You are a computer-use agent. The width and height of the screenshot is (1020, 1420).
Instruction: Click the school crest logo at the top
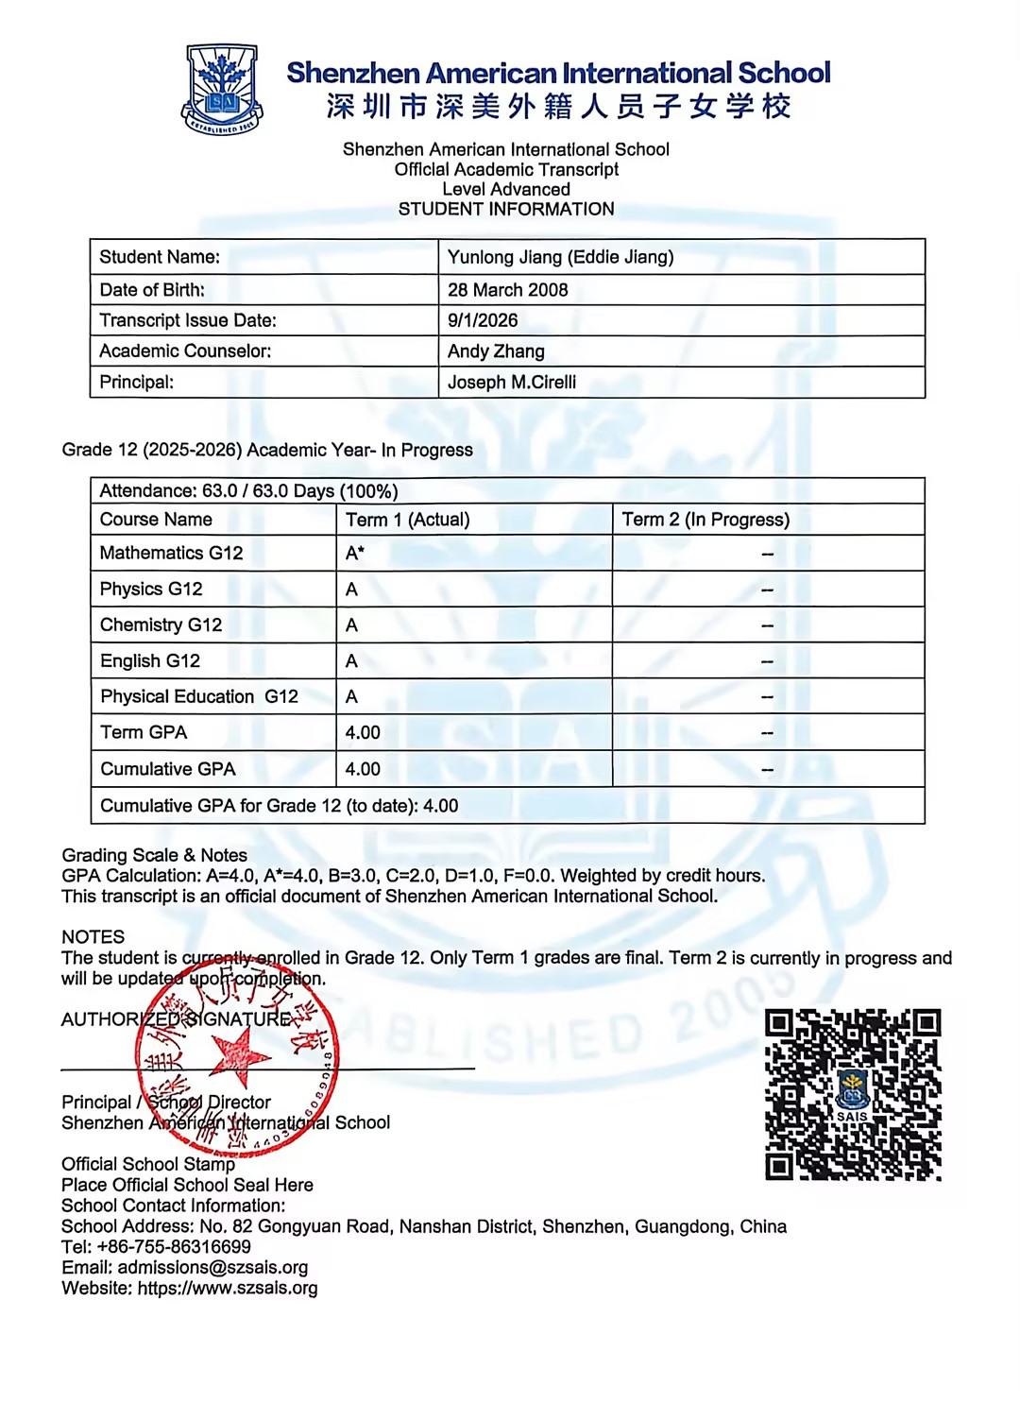tap(222, 90)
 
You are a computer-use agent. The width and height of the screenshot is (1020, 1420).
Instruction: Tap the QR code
tap(853, 1094)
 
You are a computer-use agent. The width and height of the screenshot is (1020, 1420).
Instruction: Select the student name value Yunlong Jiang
tap(560, 257)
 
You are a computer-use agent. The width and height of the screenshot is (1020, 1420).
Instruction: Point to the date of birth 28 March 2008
tap(508, 290)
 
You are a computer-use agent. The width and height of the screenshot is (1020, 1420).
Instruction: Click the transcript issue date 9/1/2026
tap(483, 320)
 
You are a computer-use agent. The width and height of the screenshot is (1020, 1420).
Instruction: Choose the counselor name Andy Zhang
tap(496, 351)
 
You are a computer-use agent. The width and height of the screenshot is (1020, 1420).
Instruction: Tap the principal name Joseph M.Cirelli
tap(512, 383)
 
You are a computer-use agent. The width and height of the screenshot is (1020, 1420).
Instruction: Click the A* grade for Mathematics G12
tap(355, 554)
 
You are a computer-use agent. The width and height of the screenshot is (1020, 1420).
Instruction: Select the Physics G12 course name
tap(151, 590)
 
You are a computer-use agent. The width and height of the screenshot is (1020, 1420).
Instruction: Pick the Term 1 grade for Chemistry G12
tap(351, 625)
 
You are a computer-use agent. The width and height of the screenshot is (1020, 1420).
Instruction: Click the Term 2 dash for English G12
tap(767, 661)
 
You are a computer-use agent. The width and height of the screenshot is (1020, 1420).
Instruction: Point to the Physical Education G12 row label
tap(199, 697)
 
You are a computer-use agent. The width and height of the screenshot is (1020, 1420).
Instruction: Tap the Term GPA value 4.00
tap(363, 733)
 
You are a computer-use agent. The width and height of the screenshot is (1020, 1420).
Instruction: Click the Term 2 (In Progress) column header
tap(705, 520)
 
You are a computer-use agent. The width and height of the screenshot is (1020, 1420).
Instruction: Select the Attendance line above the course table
tap(248, 491)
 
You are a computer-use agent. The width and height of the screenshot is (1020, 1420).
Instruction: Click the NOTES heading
tap(93, 937)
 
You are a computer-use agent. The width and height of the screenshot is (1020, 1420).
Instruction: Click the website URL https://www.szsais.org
tap(228, 1288)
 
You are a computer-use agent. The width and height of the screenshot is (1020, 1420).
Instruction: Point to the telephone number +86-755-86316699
tap(174, 1246)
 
